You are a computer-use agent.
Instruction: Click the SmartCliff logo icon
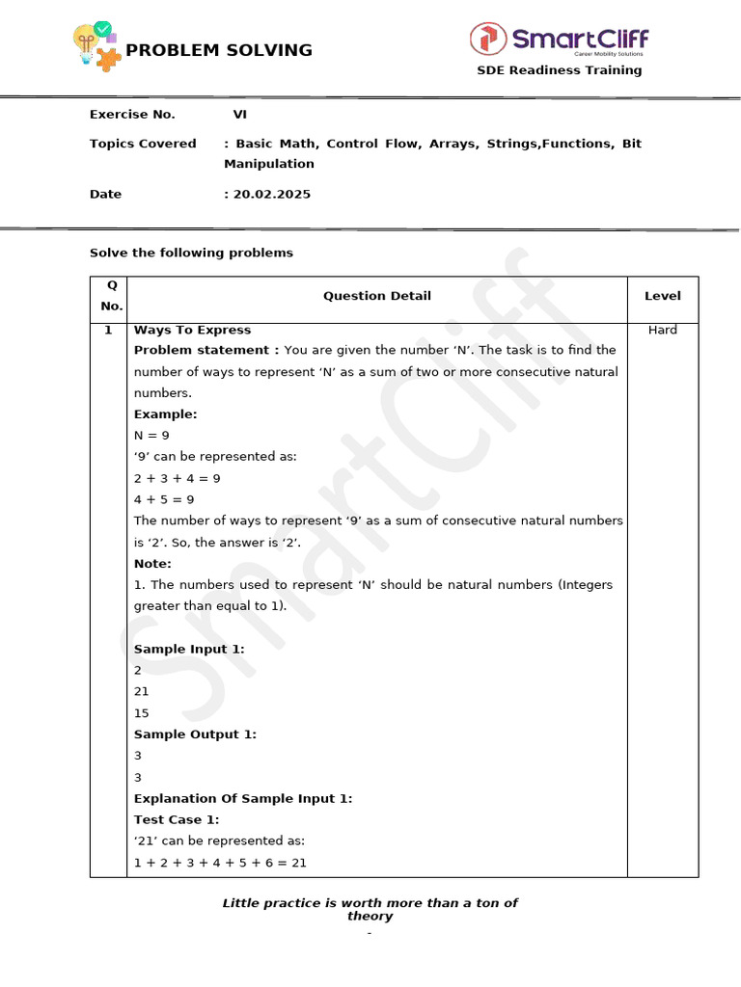point(488,39)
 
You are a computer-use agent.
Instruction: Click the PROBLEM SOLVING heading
point(219,50)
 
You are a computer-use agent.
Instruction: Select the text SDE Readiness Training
point(560,70)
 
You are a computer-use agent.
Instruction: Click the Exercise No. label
point(132,114)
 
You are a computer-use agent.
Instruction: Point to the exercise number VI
point(240,114)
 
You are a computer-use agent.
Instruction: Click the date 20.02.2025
point(271,194)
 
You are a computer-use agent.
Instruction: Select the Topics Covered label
point(143,144)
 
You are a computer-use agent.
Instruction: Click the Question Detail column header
point(376,296)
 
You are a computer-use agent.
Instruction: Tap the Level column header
point(662,296)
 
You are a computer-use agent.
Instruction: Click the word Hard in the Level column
point(662,330)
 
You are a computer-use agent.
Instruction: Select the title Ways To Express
point(192,330)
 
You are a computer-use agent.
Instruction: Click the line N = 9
point(151,436)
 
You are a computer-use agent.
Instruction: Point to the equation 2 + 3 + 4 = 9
point(178,478)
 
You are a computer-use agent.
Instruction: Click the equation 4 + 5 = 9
point(164,499)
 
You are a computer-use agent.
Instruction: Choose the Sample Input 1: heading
point(189,649)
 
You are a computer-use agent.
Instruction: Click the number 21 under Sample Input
point(142,691)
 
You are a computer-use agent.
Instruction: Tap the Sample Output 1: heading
point(195,734)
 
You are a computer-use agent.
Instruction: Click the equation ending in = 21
point(220,863)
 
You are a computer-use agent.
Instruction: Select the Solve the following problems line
point(191,253)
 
